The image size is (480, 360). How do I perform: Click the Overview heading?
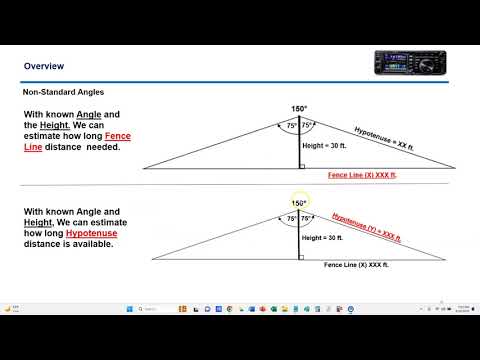(44, 67)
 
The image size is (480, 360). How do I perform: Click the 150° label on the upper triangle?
(298, 109)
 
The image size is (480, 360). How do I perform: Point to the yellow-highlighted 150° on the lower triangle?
(298, 203)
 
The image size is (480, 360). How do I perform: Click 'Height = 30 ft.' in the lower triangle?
(327, 238)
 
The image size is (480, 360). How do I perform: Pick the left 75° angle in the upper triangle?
(291, 126)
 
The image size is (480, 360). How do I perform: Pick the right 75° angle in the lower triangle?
(307, 218)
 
